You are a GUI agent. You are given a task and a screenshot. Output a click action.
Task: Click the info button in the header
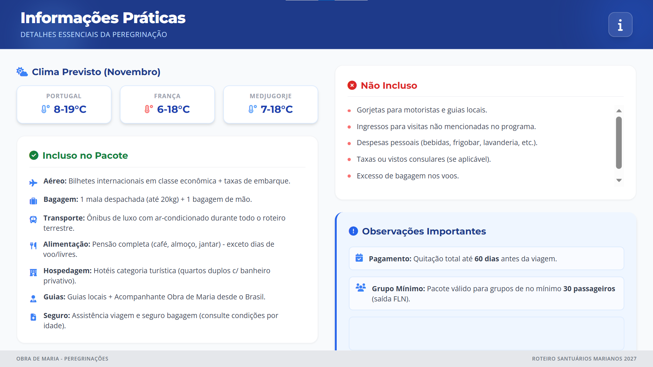coord(620,24)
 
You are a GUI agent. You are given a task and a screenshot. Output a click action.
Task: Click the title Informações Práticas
coord(103,18)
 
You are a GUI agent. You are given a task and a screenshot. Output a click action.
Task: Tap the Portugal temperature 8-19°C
coord(70,109)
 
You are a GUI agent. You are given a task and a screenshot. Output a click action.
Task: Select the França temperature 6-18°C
coord(173,109)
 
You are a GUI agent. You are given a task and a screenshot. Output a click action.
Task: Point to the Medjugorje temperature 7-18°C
coord(277,109)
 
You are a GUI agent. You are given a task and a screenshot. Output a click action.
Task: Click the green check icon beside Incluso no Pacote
coord(34,155)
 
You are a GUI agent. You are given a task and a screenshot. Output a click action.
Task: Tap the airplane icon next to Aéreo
coord(33,183)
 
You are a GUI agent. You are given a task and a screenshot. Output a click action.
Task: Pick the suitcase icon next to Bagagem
coord(33,201)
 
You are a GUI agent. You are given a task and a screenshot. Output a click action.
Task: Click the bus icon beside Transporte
coord(33,220)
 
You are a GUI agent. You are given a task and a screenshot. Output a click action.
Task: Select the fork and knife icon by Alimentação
coord(33,246)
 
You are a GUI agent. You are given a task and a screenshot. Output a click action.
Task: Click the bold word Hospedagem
coord(67,270)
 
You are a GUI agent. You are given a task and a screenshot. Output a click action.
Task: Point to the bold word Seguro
coord(57,315)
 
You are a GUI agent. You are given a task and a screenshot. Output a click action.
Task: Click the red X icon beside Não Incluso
coord(352,85)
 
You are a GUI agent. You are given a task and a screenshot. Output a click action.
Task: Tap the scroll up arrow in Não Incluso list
coord(619,111)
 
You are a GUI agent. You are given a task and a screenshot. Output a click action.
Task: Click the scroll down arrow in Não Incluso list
coord(619,180)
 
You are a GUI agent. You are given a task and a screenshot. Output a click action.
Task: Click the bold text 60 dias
coord(487,259)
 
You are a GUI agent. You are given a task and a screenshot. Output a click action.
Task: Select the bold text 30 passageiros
coord(589,289)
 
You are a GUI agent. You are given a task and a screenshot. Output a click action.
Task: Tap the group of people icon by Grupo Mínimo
coord(361,287)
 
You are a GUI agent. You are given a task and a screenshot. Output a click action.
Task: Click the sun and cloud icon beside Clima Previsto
coord(22,72)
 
